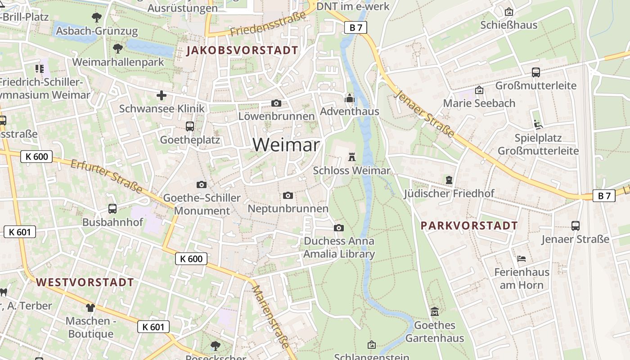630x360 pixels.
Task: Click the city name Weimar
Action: point(286,145)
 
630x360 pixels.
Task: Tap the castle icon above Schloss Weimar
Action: point(352,157)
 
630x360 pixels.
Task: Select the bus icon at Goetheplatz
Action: point(190,126)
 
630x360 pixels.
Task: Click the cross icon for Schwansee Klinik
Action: point(162,95)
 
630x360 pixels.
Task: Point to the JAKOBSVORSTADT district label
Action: point(243,50)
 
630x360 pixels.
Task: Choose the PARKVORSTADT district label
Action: point(469,225)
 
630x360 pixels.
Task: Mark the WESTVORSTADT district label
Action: point(85,283)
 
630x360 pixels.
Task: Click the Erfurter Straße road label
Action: point(107,175)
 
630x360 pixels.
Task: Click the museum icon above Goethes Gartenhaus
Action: point(435,311)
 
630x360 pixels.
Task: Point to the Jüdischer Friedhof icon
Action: point(449,180)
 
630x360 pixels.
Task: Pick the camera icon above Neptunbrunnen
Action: point(288,195)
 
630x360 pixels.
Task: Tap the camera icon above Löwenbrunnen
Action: point(276,103)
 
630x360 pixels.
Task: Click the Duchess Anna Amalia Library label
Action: point(339,247)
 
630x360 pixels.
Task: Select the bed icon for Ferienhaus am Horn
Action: point(522,259)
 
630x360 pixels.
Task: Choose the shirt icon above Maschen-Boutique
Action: point(90,308)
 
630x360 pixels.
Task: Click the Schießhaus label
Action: point(509,25)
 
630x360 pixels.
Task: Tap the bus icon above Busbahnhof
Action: point(112,209)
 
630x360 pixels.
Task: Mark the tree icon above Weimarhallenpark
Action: point(118,48)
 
